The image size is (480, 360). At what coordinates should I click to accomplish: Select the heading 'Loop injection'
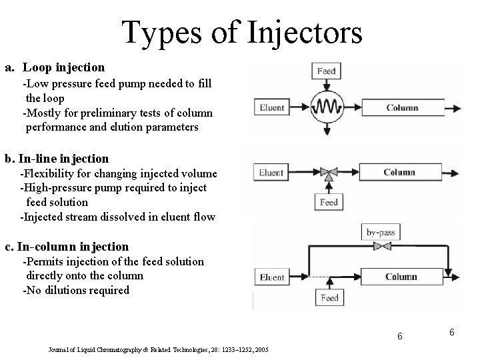(63, 67)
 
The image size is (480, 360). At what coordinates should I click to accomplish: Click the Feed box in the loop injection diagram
(326, 71)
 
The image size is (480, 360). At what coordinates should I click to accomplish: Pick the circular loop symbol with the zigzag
(326, 107)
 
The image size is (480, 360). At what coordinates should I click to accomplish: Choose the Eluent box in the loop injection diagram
(272, 107)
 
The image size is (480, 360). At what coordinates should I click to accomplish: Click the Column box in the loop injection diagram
(402, 107)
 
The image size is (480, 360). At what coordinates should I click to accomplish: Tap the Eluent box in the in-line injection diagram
(272, 173)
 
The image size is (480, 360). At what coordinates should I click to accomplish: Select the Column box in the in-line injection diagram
(399, 173)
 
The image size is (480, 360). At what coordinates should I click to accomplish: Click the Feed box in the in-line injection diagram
(329, 202)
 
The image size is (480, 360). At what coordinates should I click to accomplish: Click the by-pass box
(379, 232)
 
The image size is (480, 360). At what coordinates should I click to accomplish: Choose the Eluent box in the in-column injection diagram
(272, 277)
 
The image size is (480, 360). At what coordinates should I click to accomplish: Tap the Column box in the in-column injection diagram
(401, 277)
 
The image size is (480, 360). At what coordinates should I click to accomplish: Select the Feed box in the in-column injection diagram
(329, 298)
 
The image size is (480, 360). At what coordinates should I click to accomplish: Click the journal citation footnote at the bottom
(159, 349)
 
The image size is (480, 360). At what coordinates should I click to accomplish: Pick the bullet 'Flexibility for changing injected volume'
(119, 173)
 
